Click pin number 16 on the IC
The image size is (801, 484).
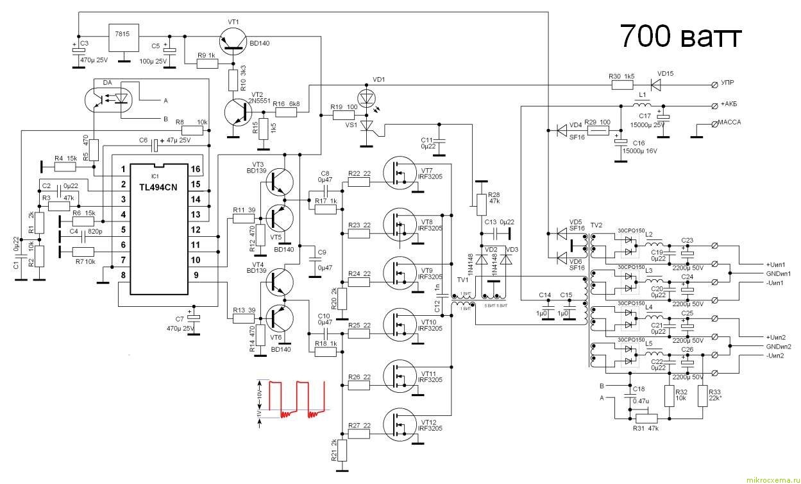(195, 169)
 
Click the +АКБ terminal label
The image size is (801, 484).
(732, 105)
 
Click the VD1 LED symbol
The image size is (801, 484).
(367, 98)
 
